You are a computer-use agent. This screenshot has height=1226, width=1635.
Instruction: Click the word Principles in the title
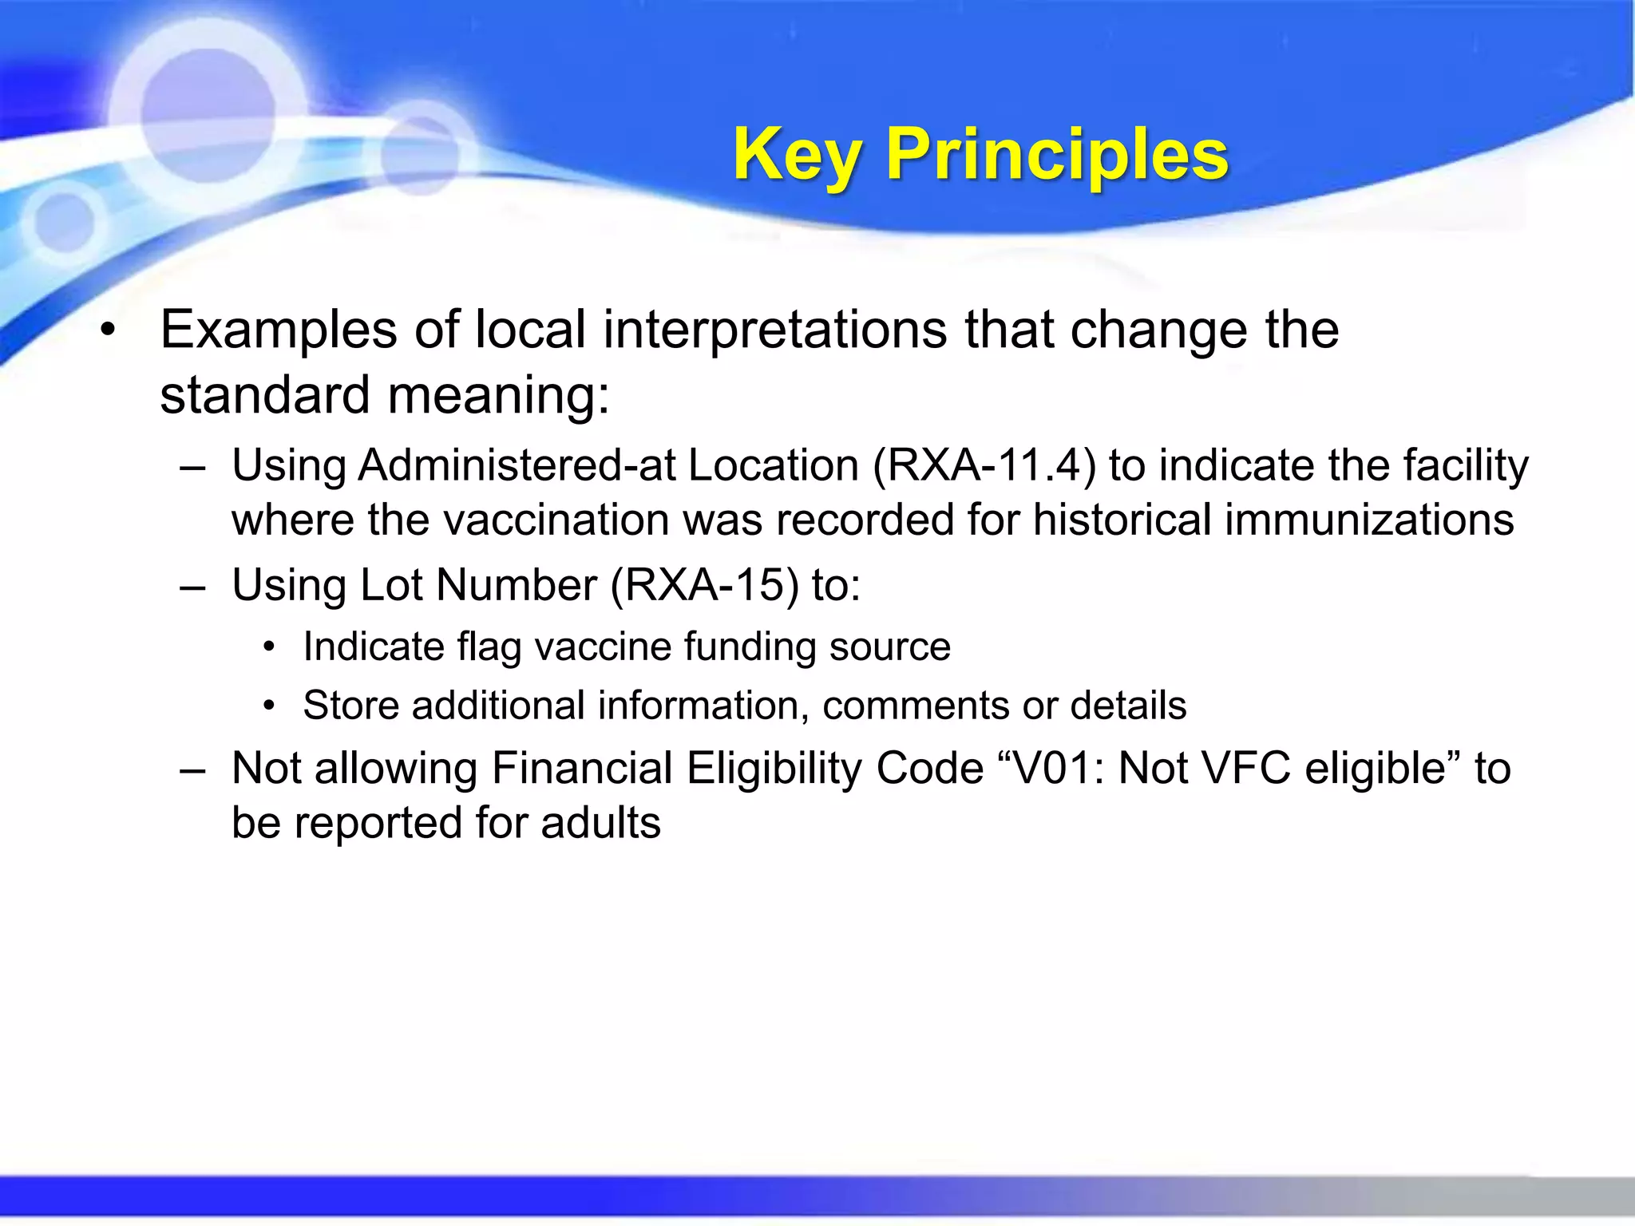(1057, 155)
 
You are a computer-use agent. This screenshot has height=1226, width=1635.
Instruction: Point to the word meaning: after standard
(499, 395)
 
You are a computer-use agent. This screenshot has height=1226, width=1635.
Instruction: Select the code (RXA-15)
(704, 585)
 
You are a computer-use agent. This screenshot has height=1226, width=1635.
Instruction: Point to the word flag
(489, 647)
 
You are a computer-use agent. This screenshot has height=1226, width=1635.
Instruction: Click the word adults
(600, 823)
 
